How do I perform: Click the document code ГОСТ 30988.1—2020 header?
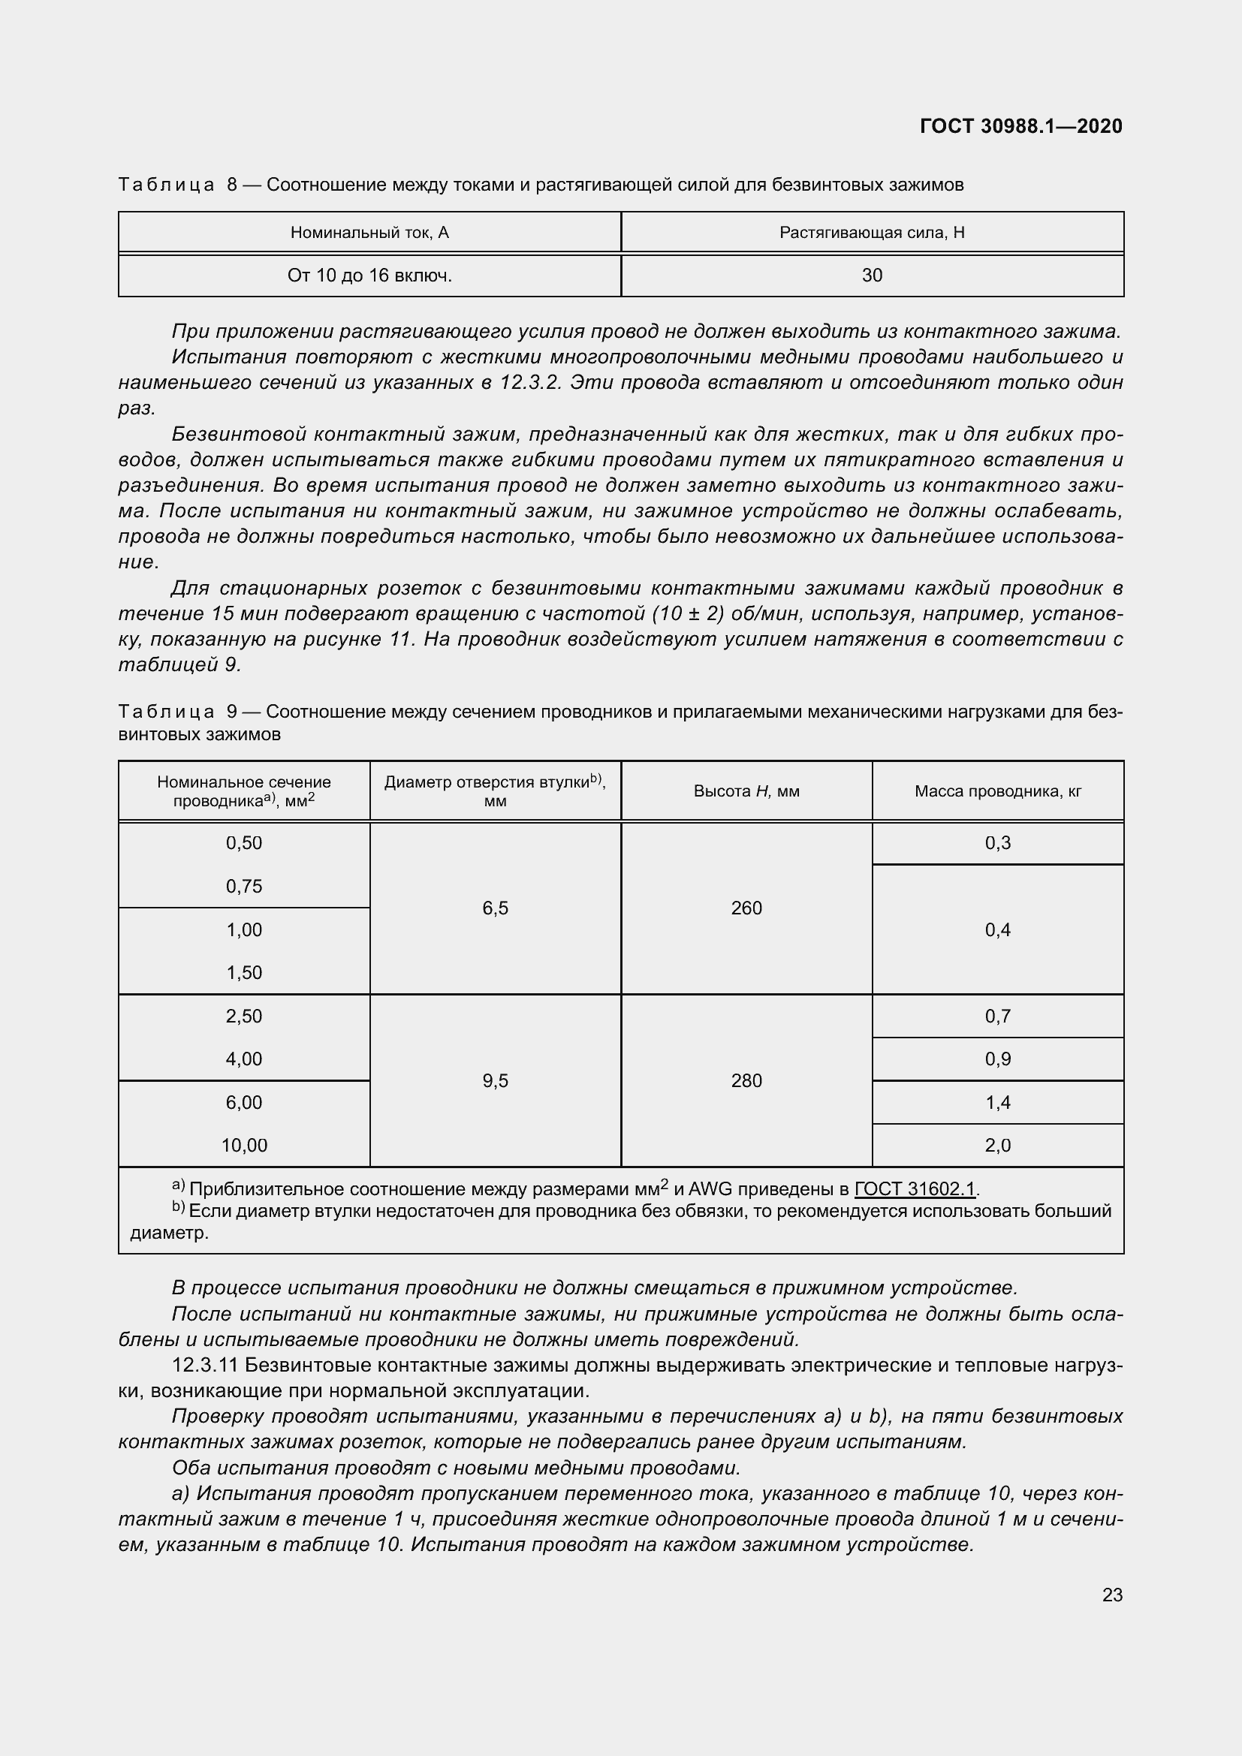[x=1021, y=126]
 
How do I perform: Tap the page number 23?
[x=1112, y=1595]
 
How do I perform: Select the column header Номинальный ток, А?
[x=369, y=233]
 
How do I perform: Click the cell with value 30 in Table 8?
[x=872, y=276]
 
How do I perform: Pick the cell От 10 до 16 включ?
[x=369, y=276]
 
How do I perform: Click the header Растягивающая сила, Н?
[x=872, y=233]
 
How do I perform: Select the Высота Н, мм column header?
[x=746, y=791]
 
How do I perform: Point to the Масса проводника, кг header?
[x=998, y=791]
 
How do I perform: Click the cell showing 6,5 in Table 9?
[x=495, y=908]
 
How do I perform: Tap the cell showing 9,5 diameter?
[x=495, y=1080]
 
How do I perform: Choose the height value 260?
[x=746, y=908]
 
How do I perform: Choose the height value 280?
[x=746, y=1080]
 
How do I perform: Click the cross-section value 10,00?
[x=244, y=1145]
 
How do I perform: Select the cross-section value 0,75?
[x=244, y=887]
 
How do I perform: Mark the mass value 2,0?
[x=998, y=1145]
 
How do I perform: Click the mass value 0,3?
[x=998, y=843]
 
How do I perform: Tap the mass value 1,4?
[x=998, y=1102]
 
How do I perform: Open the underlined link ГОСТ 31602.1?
[x=915, y=1189]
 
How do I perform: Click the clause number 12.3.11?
[x=204, y=1365]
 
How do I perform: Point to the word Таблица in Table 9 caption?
[x=166, y=712]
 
